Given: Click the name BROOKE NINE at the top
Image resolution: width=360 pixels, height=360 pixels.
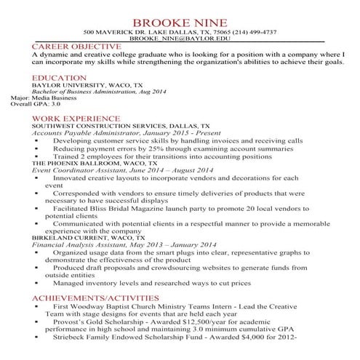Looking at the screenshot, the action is point(180,21).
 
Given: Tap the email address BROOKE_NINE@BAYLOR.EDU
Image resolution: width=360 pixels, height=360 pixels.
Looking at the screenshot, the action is point(180,40).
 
